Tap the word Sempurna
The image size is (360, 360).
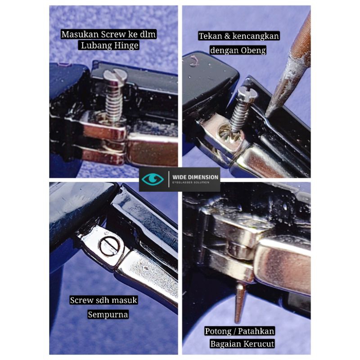point(108,314)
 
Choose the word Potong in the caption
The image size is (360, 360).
point(218,331)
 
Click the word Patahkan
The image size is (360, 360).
point(256,331)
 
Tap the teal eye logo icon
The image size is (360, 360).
point(153,179)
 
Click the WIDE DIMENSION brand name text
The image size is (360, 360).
point(195,177)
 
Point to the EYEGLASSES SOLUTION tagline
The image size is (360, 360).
point(190,183)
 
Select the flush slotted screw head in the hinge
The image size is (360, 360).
point(110,246)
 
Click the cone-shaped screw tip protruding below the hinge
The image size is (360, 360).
point(239,303)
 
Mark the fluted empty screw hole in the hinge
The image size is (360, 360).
point(226,133)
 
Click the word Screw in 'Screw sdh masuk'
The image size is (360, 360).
point(82,300)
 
